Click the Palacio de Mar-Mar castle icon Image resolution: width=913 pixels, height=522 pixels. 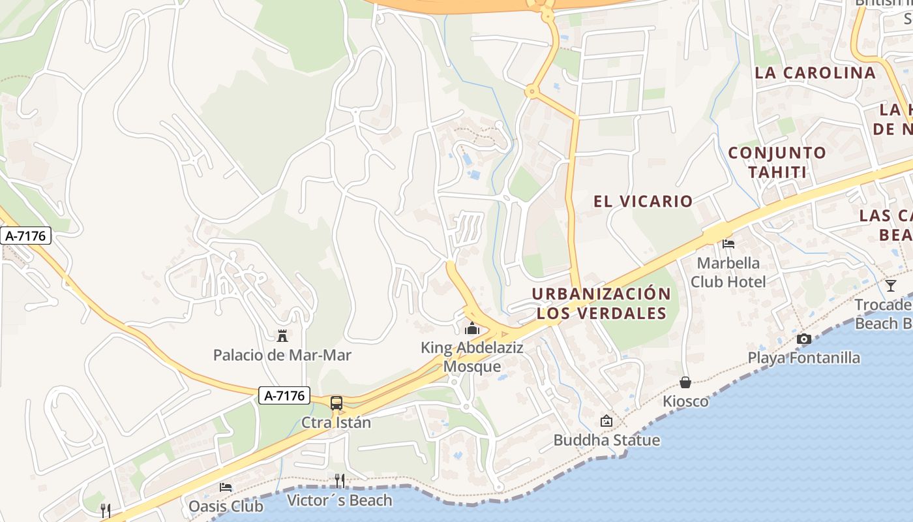[282, 337]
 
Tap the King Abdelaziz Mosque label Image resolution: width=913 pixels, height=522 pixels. [472, 357]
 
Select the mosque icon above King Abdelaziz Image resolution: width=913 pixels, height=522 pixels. [472, 328]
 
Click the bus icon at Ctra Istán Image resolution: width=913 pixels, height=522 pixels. [337, 403]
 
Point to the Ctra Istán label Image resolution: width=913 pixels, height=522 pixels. [336, 423]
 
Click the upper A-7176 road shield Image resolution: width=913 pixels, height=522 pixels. [26, 236]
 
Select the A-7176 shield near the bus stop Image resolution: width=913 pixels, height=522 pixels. [284, 395]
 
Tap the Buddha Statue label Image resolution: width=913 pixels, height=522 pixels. [606, 440]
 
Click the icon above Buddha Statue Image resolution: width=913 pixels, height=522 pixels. [606, 421]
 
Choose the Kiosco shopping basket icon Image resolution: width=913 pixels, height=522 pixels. [685, 382]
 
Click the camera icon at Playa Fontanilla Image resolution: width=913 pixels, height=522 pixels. [803, 339]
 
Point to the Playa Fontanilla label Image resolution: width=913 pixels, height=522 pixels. [803, 358]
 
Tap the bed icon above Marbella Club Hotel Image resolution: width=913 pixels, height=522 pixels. [728, 244]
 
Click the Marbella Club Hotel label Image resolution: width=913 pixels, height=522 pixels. [728, 272]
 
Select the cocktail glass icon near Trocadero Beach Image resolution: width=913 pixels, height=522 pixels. [891, 285]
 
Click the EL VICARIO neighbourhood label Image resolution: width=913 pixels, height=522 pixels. [643, 201]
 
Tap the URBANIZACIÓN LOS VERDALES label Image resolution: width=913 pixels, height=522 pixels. [601, 303]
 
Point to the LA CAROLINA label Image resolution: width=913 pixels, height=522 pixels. [815, 73]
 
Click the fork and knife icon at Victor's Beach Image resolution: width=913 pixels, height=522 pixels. [339, 481]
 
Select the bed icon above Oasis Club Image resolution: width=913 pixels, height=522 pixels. [226, 487]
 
